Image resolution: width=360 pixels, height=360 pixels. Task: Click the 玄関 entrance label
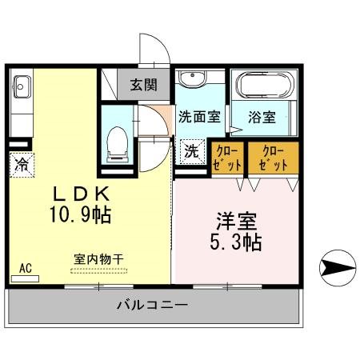[145, 83]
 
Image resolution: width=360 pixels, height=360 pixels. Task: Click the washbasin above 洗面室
[192, 81]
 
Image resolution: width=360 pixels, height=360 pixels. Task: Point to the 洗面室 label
[198, 116]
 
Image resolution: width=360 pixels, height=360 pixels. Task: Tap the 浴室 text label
[262, 117]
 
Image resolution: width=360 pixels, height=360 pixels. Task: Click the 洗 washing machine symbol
[193, 150]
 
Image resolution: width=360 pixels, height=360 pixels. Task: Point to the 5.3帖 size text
[234, 239]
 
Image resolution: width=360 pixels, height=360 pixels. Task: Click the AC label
[25, 269]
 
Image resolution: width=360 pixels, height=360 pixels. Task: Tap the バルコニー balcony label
[152, 305]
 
